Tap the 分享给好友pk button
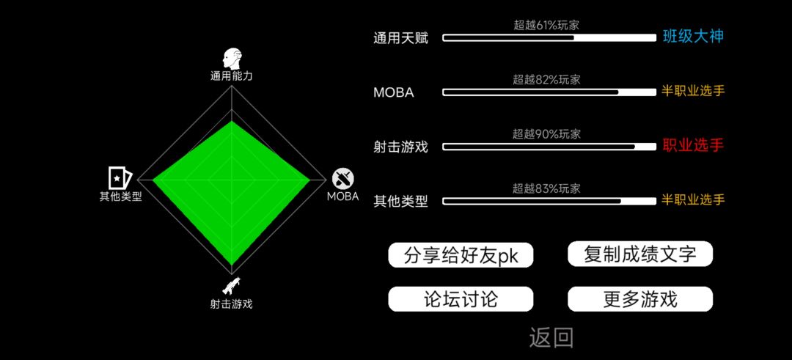(461, 255)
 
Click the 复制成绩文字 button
(640, 254)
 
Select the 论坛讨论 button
(461, 299)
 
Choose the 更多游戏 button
(640, 299)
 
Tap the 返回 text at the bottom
(551, 338)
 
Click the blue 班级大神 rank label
(693, 37)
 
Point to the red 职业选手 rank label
(693, 145)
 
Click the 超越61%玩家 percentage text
(546, 25)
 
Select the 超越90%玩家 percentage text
(546, 134)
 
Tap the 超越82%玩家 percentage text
(546, 80)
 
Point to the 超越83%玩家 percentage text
(546, 189)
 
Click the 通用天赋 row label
(400, 38)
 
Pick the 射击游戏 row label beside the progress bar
(400, 147)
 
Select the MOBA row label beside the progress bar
(394, 93)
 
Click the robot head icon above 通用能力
(232, 59)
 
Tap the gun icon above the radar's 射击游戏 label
(231, 286)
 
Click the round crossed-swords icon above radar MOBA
(343, 178)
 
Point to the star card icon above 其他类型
(120, 177)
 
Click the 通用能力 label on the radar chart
(231, 76)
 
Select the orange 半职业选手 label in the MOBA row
(693, 91)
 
